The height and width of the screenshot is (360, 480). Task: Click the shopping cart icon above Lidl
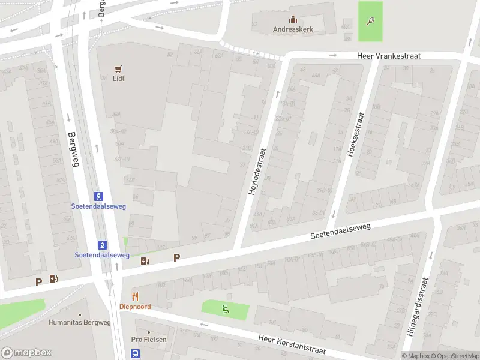(x=118, y=68)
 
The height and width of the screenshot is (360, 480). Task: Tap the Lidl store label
(x=118, y=79)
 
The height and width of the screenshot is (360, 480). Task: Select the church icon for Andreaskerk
(x=293, y=19)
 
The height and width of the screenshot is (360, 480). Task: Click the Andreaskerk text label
(x=293, y=29)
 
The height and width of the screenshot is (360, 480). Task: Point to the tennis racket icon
(x=370, y=21)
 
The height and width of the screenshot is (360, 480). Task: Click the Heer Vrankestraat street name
(x=389, y=55)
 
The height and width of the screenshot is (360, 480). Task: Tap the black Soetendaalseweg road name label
(x=341, y=232)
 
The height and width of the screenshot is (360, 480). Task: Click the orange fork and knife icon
(x=135, y=296)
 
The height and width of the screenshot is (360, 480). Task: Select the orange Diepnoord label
(x=135, y=306)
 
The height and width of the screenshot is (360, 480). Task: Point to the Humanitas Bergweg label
(x=80, y=322)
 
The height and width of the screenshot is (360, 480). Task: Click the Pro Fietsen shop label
(x=149, y=340)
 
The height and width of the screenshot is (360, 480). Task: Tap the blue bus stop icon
(x=136, y=354)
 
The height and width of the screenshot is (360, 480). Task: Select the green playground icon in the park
(x=226, y=310)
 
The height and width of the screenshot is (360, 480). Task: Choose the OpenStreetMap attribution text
(x=455, y=356)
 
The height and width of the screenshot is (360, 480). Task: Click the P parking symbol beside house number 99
(x=176, y=257)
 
